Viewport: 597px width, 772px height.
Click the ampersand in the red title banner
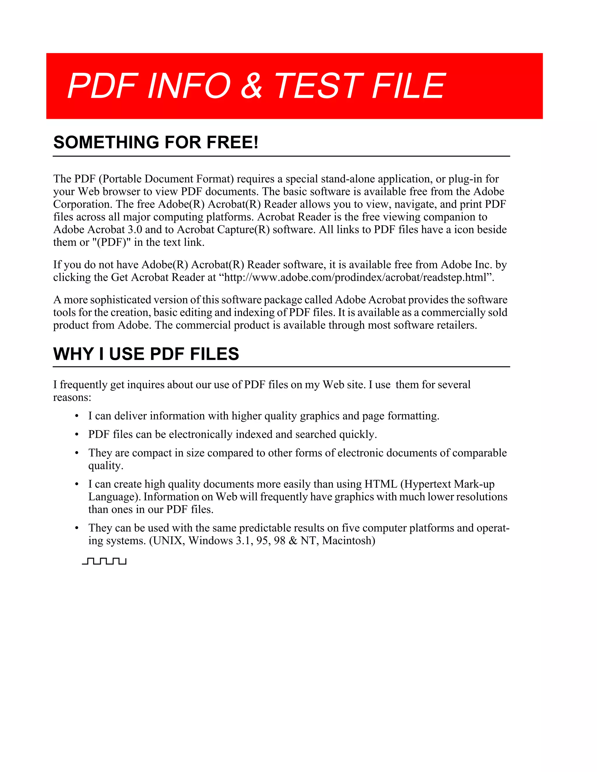252,86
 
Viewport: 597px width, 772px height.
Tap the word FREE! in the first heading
232,142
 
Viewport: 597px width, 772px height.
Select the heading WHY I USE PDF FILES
146,354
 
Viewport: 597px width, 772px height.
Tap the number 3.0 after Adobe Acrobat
135,230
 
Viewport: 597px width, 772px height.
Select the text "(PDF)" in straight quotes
111,242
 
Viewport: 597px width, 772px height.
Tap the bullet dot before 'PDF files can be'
77,435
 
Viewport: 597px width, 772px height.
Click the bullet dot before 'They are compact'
77,454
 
